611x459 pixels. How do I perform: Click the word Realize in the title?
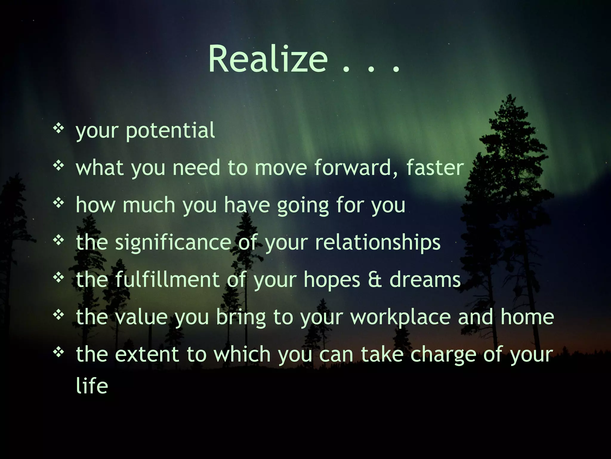point(268,59)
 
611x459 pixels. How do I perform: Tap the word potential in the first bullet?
point(170,131)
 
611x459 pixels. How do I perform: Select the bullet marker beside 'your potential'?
point(58,128)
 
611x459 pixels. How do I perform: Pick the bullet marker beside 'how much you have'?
point(58,203)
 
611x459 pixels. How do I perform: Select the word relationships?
point(378,242)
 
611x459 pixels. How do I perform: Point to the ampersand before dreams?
point(375,280)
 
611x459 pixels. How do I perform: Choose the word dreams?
point(425,280)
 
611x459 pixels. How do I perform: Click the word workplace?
point(400,317)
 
